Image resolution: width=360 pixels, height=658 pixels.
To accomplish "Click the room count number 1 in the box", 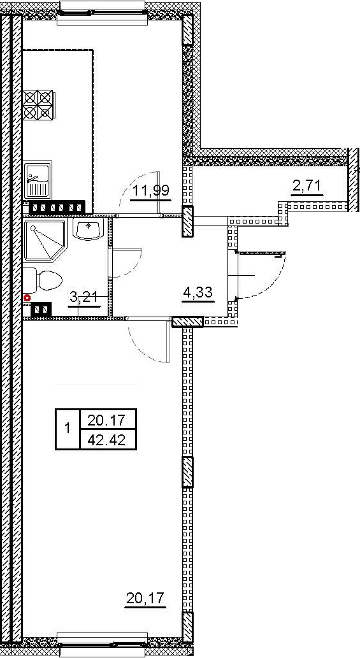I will click(x=68, y=430).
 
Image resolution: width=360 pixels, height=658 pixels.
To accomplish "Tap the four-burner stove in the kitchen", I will click(x=38, y=105).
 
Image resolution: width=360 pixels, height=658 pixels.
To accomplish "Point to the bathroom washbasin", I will click(x=88, y=230).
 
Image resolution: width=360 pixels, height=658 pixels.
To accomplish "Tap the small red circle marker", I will click(x=27, y=297).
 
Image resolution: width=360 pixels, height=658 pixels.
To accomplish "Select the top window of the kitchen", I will click(x=102, y=12).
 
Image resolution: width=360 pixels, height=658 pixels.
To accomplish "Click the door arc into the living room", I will click(x=148, y=344).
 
